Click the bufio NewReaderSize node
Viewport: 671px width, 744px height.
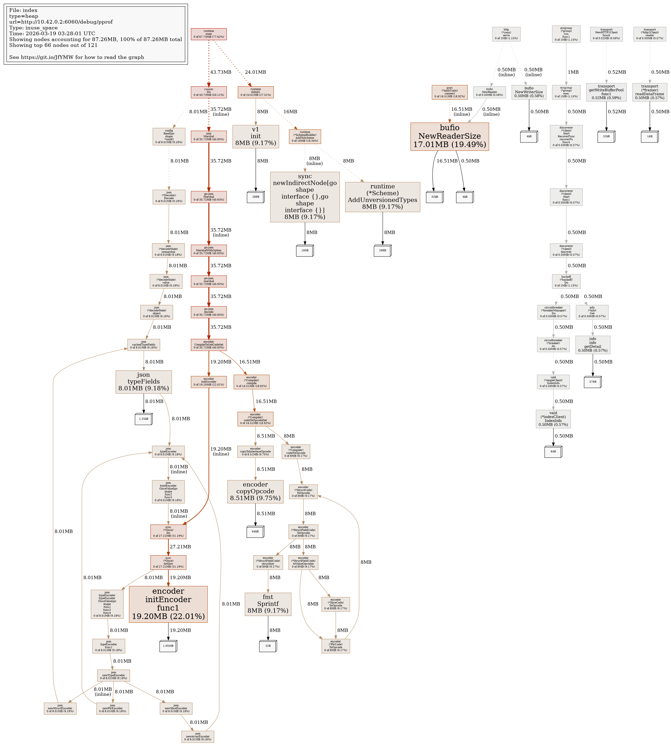point(450,137)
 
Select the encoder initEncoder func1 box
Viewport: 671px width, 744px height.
point(168,604)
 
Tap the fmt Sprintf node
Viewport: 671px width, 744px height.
point(268,604)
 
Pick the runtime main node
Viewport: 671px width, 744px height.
point(209,34)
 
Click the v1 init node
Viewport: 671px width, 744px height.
point(255,137)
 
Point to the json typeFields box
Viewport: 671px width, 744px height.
point(144,382)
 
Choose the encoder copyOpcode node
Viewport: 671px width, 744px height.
point(255,491)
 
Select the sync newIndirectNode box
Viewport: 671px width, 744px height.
point(305,197)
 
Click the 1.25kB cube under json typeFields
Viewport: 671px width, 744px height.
point(144,419)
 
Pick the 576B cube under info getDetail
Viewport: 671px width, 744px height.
point(593,382)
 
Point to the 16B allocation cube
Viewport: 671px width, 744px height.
point(650,137)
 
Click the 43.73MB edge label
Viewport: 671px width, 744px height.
point(221,72)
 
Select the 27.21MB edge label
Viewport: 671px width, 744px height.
point(180,547)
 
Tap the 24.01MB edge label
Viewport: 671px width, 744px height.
point(255,72)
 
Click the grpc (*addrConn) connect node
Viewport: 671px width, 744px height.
point(450,92)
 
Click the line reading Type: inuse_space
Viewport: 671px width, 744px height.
point(33,28)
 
